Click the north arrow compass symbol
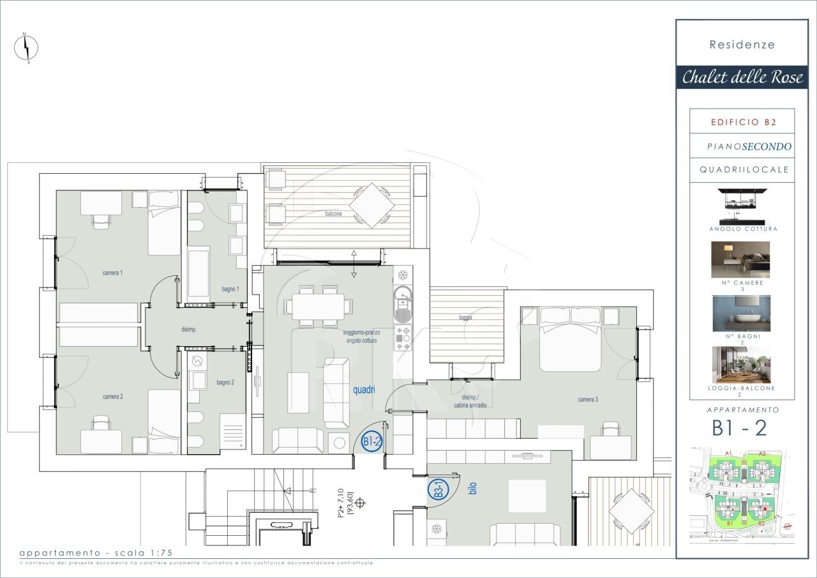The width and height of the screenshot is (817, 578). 26,48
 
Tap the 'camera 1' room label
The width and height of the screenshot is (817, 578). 112,273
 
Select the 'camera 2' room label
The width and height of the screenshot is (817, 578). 112,397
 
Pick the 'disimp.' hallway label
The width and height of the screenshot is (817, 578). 188,330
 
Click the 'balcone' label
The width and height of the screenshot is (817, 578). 332,214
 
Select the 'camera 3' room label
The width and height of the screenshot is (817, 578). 588,400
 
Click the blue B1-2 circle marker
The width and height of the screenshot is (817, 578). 371,441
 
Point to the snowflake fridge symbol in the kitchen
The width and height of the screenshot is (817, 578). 403,275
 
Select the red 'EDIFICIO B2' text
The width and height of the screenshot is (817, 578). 742,121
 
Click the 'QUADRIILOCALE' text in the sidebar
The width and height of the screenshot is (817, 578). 744,170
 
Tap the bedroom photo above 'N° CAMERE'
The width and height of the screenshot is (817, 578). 740,259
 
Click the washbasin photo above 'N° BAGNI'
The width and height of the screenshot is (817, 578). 740,314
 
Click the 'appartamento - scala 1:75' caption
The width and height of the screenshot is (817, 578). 96,552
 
